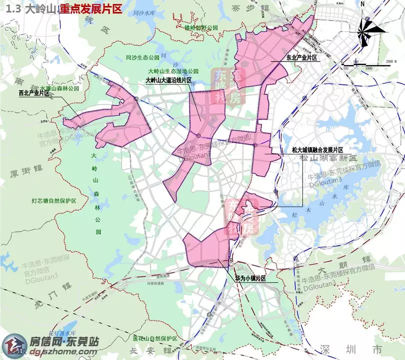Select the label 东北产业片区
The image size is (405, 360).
[301, 58]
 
